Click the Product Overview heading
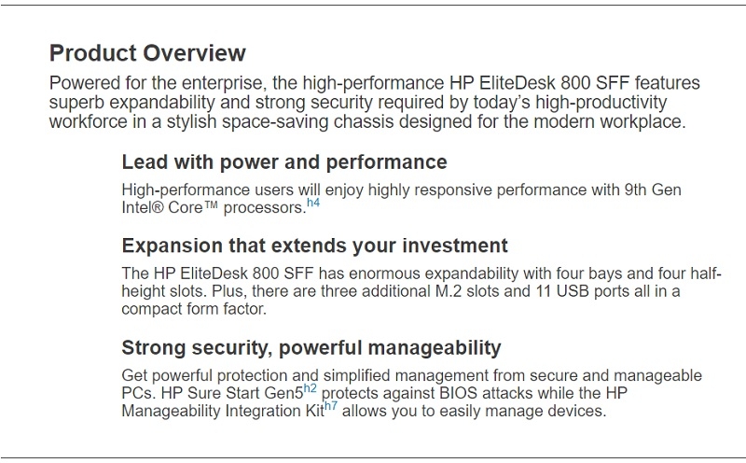tap(147, 53)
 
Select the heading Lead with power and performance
tap(284, 162)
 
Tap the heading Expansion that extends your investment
tap(314, 246)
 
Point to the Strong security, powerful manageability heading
tap(311, 348)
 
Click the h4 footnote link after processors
tap(313, 203)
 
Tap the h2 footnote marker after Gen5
tap(310, 388)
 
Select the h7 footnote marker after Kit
tap(331, 406)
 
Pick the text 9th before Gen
tap(635, 189)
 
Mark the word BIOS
tap(458, 393)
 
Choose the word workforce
tap(89, 122)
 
